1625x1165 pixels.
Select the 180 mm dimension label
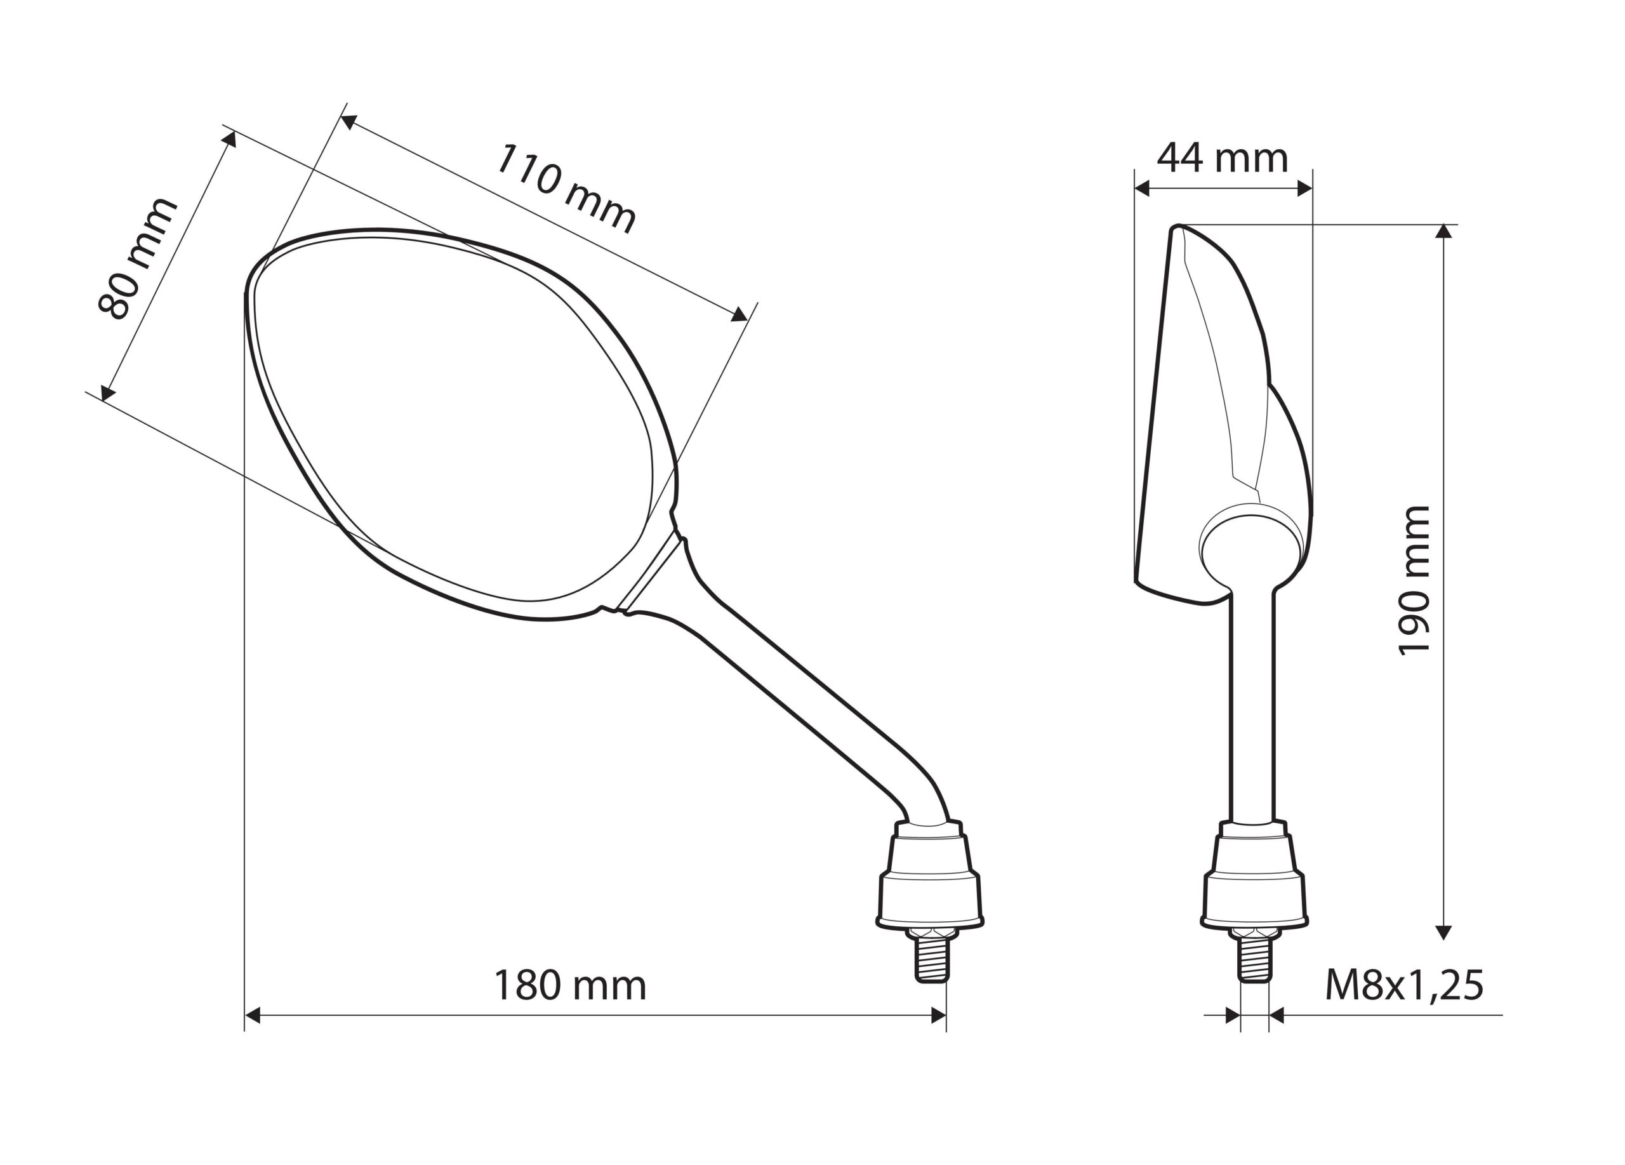click(x=570, y=985)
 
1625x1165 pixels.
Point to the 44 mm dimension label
click(x=1223, y=157)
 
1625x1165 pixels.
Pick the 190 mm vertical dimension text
click(x=1415, y=580)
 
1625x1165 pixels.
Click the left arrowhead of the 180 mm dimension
click(x=252, y=1015)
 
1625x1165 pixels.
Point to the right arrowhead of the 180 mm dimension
click(x=938, y=1015)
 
